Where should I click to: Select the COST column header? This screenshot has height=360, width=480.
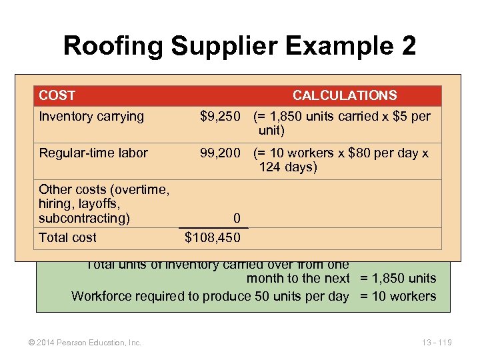pos(57,96)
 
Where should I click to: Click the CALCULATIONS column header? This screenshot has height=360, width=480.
pos(345,96)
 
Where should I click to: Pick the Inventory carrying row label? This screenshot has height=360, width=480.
pos(91,117)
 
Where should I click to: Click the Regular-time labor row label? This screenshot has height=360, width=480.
pos(93,153)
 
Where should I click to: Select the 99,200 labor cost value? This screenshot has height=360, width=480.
pos(221,153)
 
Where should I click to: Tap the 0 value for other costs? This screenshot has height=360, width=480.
pos(237,219)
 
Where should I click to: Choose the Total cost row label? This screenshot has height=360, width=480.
pos(67,237)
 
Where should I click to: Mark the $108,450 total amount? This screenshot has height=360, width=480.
pos(212,237)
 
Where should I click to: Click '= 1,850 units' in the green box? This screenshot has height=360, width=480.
pos(398,279)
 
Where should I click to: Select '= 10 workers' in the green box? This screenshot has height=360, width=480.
pos(398,297)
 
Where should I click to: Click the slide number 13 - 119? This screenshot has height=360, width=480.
pos(437,343)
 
